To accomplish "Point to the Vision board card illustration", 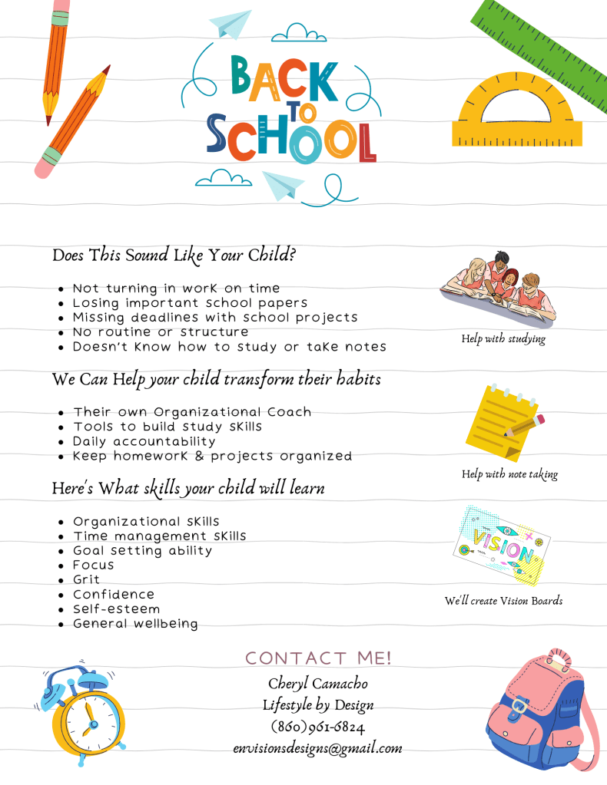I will (494, 545).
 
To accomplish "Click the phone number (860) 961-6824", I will (317, 727).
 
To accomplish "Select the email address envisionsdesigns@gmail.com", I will (317, 748).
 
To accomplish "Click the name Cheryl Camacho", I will (317, 683).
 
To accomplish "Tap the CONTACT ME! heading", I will (318, 658).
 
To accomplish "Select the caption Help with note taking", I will (509, 474).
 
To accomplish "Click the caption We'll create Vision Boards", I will (503, 601).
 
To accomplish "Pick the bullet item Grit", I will (87, 579).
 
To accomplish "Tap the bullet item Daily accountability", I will (144, 441).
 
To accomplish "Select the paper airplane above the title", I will (231, 23).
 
